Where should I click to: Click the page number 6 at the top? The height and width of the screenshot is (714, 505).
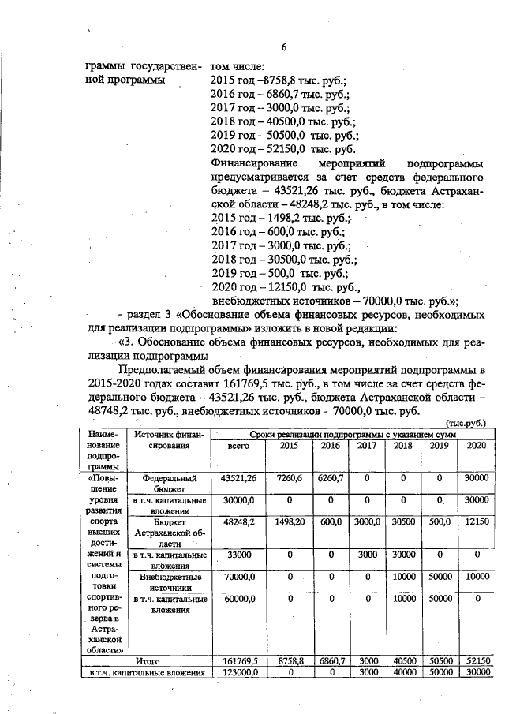tap(283, 47)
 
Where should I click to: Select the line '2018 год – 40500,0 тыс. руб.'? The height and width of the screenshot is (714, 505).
tap(284, 121)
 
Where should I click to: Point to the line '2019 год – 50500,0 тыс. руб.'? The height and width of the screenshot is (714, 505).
tap(284, 136)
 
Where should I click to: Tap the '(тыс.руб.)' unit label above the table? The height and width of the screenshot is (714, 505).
tap(466, 423)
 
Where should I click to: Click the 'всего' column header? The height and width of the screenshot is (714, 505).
tap(238, 446)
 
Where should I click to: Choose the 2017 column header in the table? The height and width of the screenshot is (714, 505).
tap(366, 446)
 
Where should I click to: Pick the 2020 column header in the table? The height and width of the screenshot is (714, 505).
tap(475, 446)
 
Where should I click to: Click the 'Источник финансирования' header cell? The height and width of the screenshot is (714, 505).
tap(168, 439)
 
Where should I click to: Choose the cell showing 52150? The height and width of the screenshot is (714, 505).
tap(475, 660)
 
